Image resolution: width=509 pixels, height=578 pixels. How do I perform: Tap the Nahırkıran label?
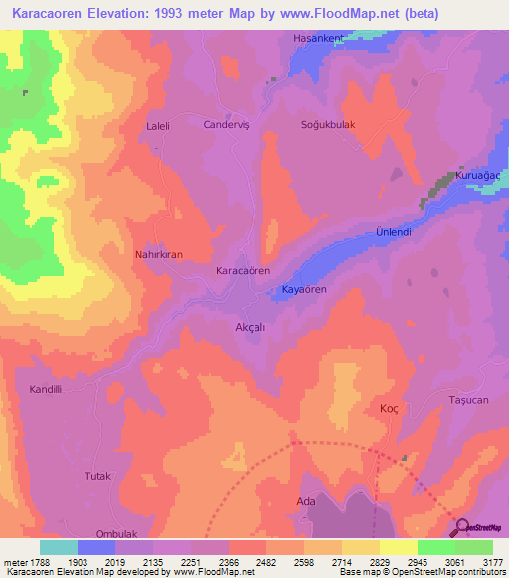click(159, 255)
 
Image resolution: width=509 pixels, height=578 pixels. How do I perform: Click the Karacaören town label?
click(244, 270)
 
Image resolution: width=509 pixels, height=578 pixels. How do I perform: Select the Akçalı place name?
click(249, 326)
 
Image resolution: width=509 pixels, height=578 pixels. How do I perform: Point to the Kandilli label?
click(46, 390)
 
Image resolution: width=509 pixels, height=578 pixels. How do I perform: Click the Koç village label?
click(389, 409)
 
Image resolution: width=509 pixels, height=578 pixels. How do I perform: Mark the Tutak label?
click(96, 476)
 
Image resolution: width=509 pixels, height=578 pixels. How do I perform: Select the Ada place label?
click(306, 502)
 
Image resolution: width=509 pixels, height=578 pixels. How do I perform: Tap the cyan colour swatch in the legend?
click(58, 547)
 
